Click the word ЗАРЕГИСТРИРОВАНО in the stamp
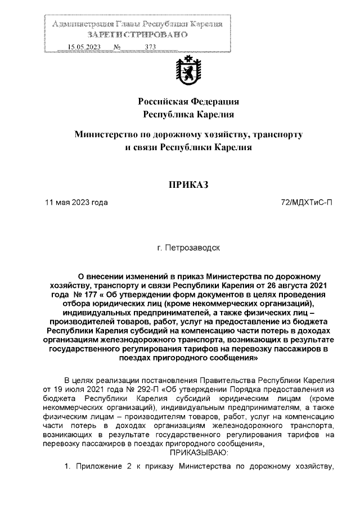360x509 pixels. click(x=137, y=35)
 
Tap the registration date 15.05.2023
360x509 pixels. click(x=83, y=47)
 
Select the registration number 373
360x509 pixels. click(x=150, y=47)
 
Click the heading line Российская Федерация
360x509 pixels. click(x=189, y=102)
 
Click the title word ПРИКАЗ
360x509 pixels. click(x=189, y=184)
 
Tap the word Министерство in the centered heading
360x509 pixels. click(x=109, y=135)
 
